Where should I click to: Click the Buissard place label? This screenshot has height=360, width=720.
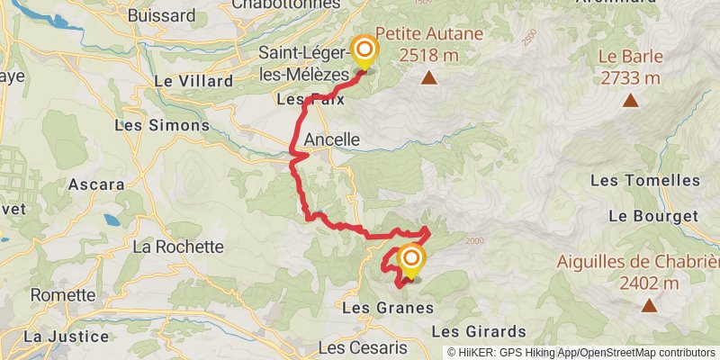(x=162, y=15)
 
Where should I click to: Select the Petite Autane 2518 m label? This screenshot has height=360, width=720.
(x=429, y=44)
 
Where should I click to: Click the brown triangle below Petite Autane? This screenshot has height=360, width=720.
(x=429, y=78)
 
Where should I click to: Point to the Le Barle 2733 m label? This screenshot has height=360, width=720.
(x=629, y=68)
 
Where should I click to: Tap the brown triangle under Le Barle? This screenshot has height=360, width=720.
(x=630, y=101)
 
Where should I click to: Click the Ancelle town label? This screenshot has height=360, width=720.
(x=332, y=140)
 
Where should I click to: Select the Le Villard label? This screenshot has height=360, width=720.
(x=187, y=80)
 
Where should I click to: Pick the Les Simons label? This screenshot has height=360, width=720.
(x=162, y=125)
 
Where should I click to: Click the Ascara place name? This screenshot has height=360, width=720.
(x=96, y=184)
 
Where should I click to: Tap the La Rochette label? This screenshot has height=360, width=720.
(x=177, y=246)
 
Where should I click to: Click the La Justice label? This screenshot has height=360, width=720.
(x=65, y=336)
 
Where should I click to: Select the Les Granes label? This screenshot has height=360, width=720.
(x=389, y=308)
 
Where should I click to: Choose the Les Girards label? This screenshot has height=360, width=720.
(x=484, y=330)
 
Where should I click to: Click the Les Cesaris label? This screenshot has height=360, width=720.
(x=364, y=347)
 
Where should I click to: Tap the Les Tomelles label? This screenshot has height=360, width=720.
(x=645, y=180)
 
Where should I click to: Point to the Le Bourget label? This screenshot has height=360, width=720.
(x=653, y=216)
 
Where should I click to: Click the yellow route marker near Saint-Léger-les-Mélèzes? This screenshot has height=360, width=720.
(x=364, y=51)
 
